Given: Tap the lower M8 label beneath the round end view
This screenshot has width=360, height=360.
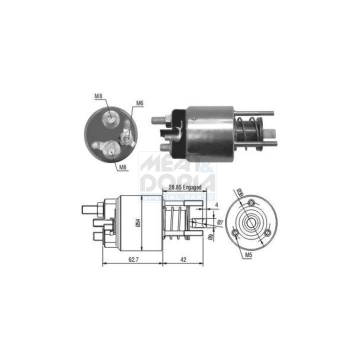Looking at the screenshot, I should (x=122, y=167).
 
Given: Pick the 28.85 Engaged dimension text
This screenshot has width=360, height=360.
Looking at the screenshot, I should (x=185, y=187).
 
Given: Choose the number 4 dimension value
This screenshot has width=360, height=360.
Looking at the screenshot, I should (x=216, y=205).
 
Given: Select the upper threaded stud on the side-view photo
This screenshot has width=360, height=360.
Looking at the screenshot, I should (x=159, y=120).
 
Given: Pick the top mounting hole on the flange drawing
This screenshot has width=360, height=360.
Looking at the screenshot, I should (x=252, y=202).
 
